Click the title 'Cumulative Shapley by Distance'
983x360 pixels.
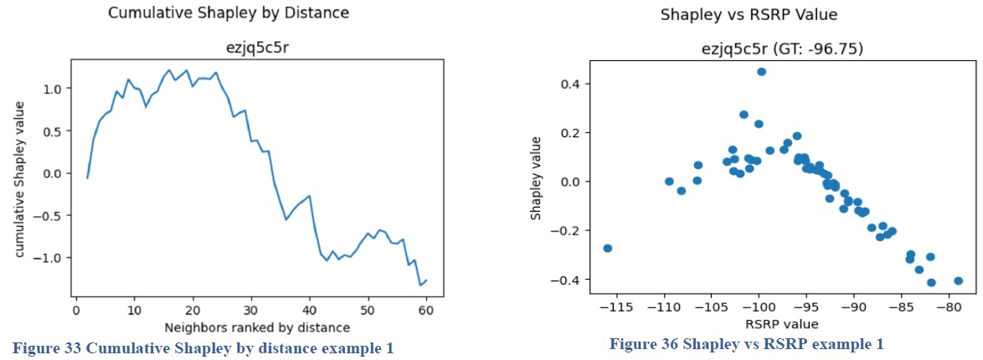[229, 13]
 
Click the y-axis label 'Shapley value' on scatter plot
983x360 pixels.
[536, 182]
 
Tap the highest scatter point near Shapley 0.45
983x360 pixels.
[761, 72]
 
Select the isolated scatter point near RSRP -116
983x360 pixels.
[608, 248]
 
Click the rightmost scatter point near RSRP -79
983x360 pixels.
[958, 281]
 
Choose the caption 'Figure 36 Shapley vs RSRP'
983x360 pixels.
[746, 344]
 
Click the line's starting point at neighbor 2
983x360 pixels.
[87, 177]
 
